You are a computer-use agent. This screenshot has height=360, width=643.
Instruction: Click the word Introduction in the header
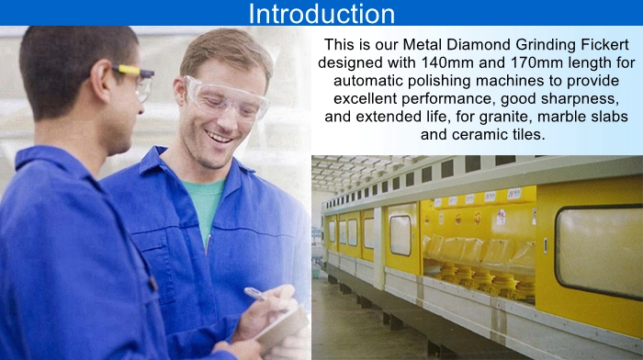click(x=321, y=14)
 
